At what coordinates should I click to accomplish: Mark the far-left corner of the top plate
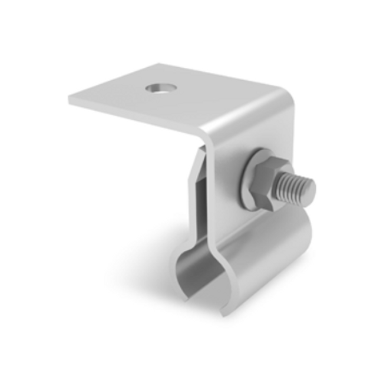coord(70,98)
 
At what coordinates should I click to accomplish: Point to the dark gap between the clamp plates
coord(201,189)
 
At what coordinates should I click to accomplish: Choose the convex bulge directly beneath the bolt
coord(259,236)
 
